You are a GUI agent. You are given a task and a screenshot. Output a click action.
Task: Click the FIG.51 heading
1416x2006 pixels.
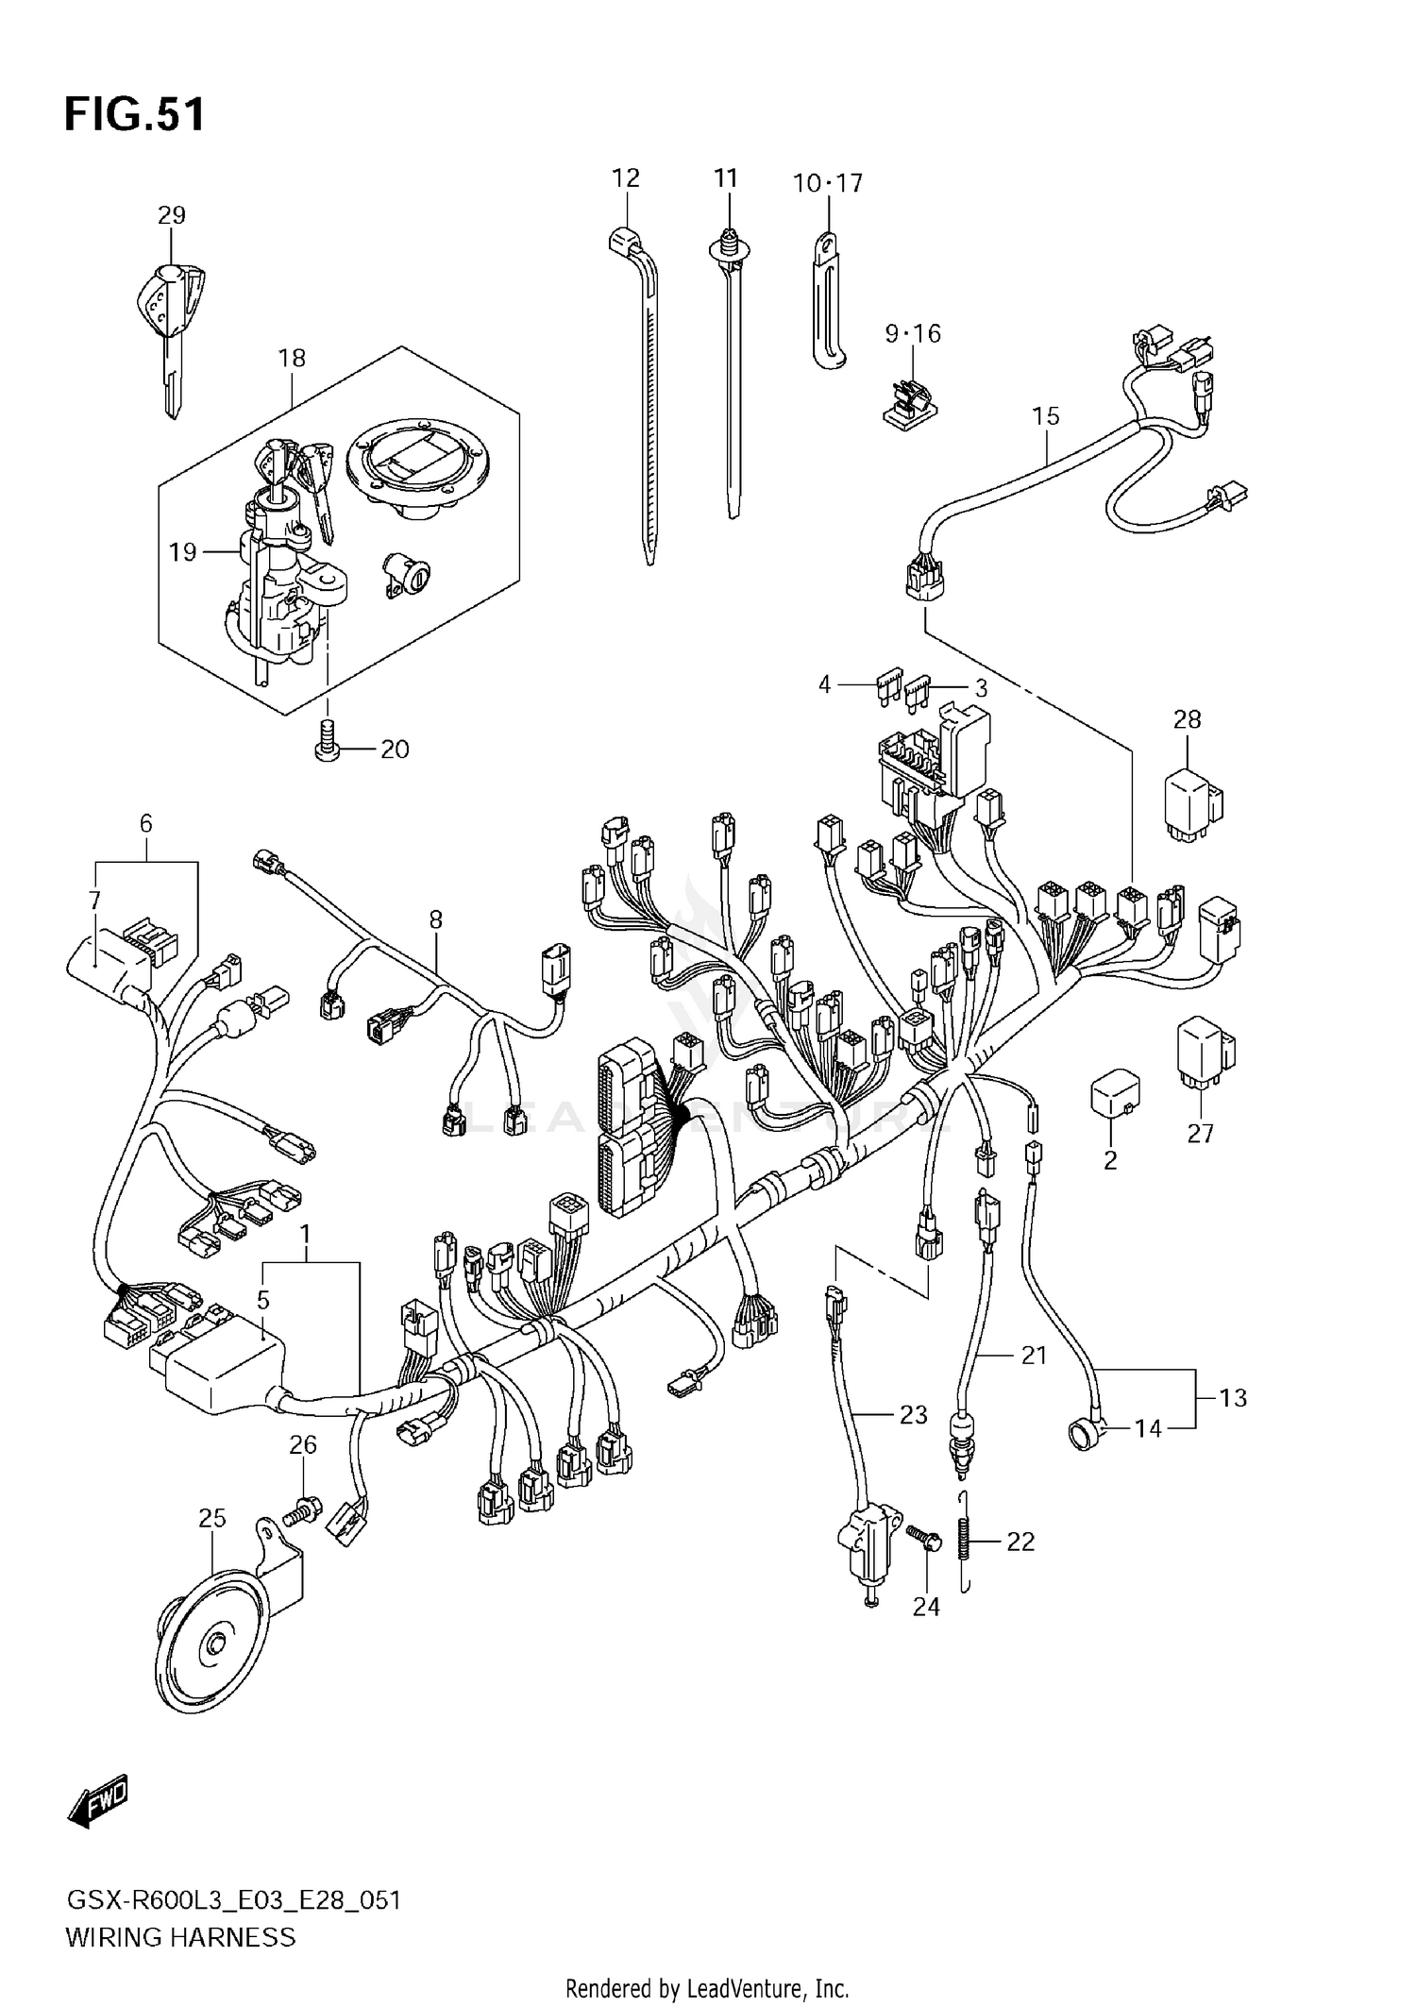[x=134, y=115]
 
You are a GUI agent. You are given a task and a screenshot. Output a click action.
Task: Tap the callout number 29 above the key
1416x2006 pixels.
[x=172, y=215]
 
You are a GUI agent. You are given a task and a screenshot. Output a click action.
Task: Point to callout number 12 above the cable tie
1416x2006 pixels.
[x=625, y=178]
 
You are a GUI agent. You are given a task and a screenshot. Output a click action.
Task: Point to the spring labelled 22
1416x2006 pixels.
[x=965, y=1542]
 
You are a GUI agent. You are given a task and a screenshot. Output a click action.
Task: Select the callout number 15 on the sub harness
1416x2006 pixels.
[x=1046, y=416]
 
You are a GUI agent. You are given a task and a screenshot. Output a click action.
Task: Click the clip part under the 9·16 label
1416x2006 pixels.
[x=909, y=401]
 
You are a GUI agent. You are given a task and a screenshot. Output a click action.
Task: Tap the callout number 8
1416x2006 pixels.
[x=435, y=919]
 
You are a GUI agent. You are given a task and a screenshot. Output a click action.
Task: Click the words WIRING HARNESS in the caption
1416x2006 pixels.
[x=180, y=1938]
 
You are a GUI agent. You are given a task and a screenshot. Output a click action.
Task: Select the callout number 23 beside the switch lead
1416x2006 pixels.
[x=913, y=1415]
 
